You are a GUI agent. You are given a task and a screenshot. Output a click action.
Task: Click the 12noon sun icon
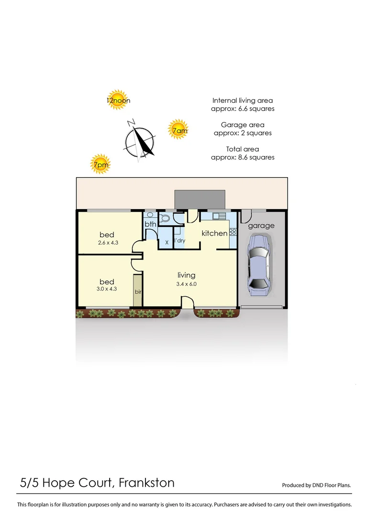[x=116, y=100]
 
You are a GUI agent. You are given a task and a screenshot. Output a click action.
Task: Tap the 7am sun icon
[x=178, y=130]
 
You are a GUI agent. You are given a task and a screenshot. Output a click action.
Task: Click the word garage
[x=261, y=225]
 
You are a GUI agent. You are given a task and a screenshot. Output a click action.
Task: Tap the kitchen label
[x=214, y=233]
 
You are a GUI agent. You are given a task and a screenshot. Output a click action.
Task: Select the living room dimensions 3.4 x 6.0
[x=187, y=284]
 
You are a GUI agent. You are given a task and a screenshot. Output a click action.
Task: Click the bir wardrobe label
[x=138, y=291]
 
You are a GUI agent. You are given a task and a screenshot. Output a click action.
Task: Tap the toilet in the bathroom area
[x=166, y=219]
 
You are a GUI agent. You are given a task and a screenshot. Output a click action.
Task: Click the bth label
[x=150, y=224]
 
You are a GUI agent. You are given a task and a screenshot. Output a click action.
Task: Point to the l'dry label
[x=179, y=240]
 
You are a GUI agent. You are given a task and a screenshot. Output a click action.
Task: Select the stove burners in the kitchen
[x=233, y=232]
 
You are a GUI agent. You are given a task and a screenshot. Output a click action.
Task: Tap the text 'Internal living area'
[x=243, y=101]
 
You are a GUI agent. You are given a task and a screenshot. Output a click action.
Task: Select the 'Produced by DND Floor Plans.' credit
[x=316, y=485]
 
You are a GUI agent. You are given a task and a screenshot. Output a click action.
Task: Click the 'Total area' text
[x=243, y=149]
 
